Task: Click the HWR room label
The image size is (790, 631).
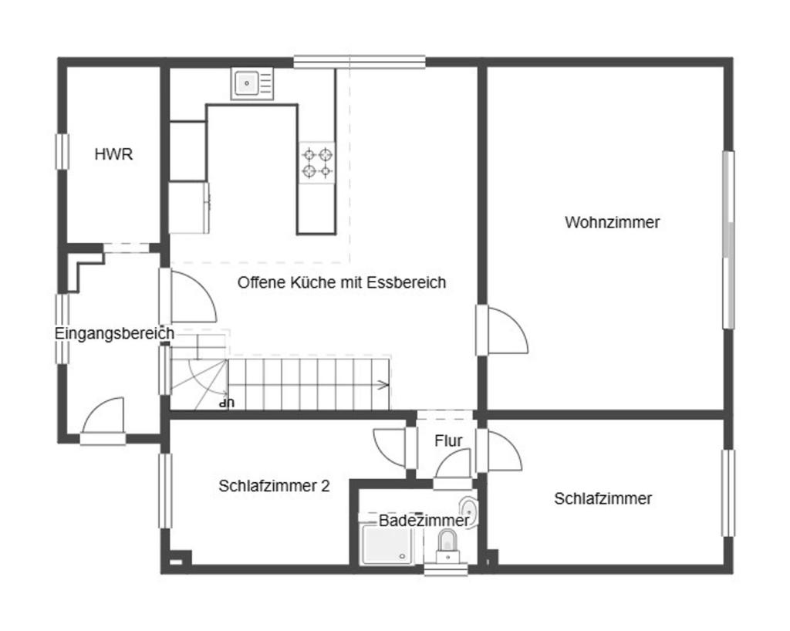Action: [x=113, y=154]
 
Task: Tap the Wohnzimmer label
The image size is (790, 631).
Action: [x=613, y=223]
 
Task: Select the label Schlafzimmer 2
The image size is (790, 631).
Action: [x=274, y=487]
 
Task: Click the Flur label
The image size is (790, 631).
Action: [x=448, y=441]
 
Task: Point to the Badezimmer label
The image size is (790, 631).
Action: [x=424, y=521]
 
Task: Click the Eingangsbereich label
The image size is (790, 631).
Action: [x=114, y=334]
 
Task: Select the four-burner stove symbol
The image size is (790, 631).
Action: [x=317, y=162]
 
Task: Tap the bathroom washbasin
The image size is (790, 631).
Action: [x=468, y=509]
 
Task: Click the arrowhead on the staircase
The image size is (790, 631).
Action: [x=383, y=383]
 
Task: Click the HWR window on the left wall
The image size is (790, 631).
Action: [x=62, y=151]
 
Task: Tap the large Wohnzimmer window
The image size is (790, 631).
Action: [x=728, y=239]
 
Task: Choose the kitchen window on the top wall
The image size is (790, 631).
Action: [x=359, y=62]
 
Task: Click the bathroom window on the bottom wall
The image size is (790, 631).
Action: [x=446, y=570]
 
